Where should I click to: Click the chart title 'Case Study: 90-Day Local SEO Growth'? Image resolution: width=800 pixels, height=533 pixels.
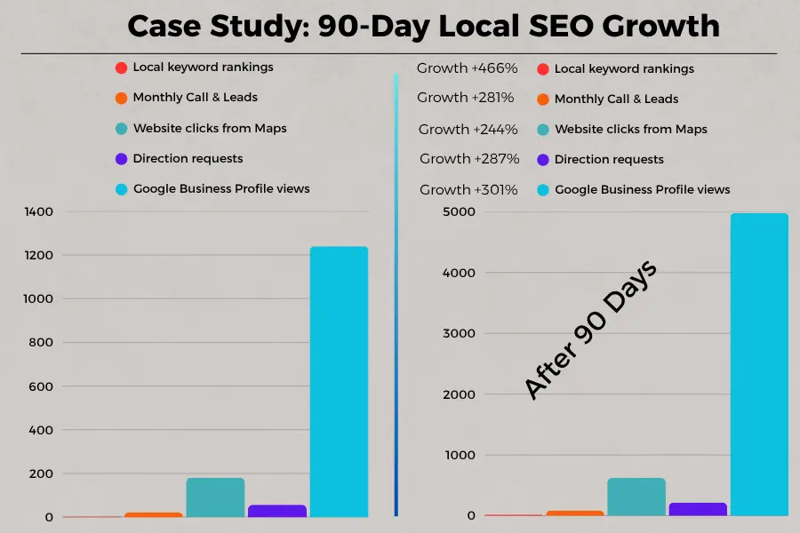tap(423, 26)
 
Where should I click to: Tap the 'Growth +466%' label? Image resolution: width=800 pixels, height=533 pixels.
tap(468, 68)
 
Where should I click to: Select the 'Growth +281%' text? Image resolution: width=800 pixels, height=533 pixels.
tap(468, 98)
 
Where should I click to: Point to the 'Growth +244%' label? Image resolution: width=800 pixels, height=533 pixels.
tap(468, 130)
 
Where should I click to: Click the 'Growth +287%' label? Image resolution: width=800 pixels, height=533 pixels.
tap(469, 159)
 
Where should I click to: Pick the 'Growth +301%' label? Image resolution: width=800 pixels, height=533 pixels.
tap(468, 189)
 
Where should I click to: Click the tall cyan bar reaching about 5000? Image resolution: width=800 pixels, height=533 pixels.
tap(759, 364)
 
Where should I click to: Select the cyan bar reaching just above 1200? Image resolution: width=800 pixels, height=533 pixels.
tap(339, 382)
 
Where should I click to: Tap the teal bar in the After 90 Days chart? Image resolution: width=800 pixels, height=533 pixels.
tap(636, 497)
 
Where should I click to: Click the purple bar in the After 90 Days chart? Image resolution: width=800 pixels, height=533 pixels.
tap(698, 509)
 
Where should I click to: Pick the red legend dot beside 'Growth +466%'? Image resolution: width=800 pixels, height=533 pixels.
tap(542, 68)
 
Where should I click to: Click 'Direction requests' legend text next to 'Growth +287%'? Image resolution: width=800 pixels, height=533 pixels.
tap(609, 159)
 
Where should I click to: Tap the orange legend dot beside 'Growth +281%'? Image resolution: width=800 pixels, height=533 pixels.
tap(542, 99)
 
